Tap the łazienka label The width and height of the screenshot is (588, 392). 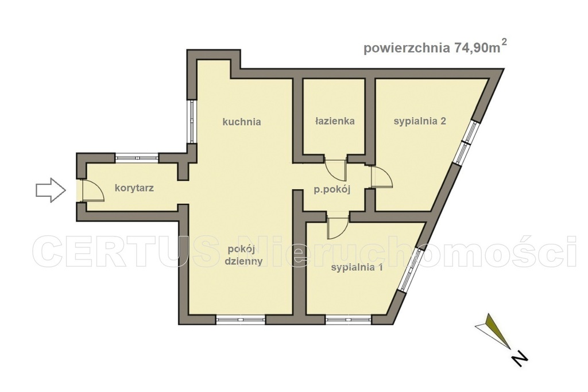pos(334,121)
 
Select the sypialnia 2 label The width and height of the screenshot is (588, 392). pos(420,121)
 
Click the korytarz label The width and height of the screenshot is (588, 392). pos(134,188)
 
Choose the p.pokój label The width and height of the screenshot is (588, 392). pos(332,190)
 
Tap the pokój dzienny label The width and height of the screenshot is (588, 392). pos(245,255)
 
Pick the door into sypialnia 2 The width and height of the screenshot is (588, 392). pos(381,177)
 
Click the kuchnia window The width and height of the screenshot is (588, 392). pos(191,121)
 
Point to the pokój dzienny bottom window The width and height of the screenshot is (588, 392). pos(240,319)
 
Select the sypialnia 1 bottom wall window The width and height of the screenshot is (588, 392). pos(349,319)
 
